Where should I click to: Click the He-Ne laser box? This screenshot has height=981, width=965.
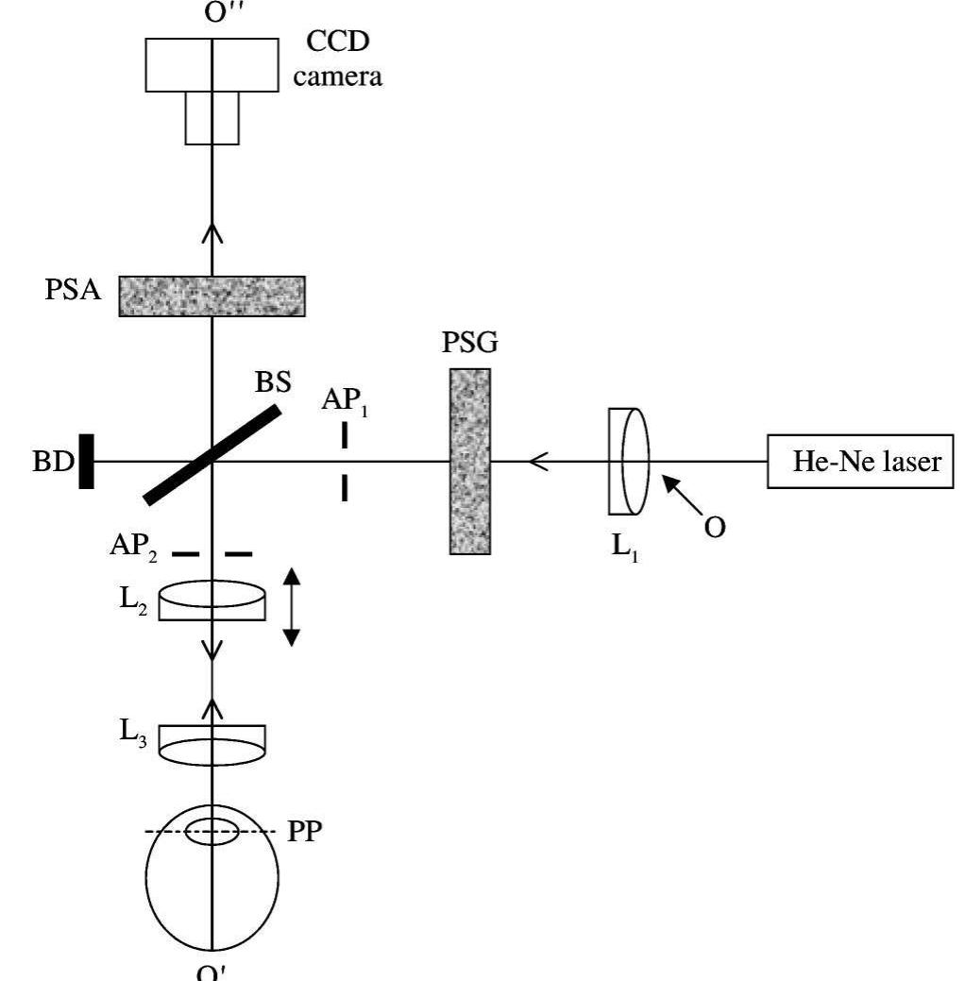[x=864, y=462]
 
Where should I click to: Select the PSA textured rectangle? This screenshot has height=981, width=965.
[x=212, y=296]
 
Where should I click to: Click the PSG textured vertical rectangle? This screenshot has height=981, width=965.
[x=470, y=462]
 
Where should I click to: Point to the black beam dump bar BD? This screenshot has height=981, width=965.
[x=86, y=461]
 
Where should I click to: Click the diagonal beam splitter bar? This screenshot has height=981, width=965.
[x=213, y=454]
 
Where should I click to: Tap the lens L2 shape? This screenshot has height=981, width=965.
[x=212, y=601]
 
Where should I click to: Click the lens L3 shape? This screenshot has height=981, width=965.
[x=212, y=743]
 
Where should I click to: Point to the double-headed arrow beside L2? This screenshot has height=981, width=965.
[x=291, y=606]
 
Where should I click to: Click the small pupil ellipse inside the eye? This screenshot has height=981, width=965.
[x=212, y=833]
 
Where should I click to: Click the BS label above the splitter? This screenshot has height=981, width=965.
[x=275, y=385]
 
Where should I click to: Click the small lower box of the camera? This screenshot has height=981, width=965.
[x=212, y=118]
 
